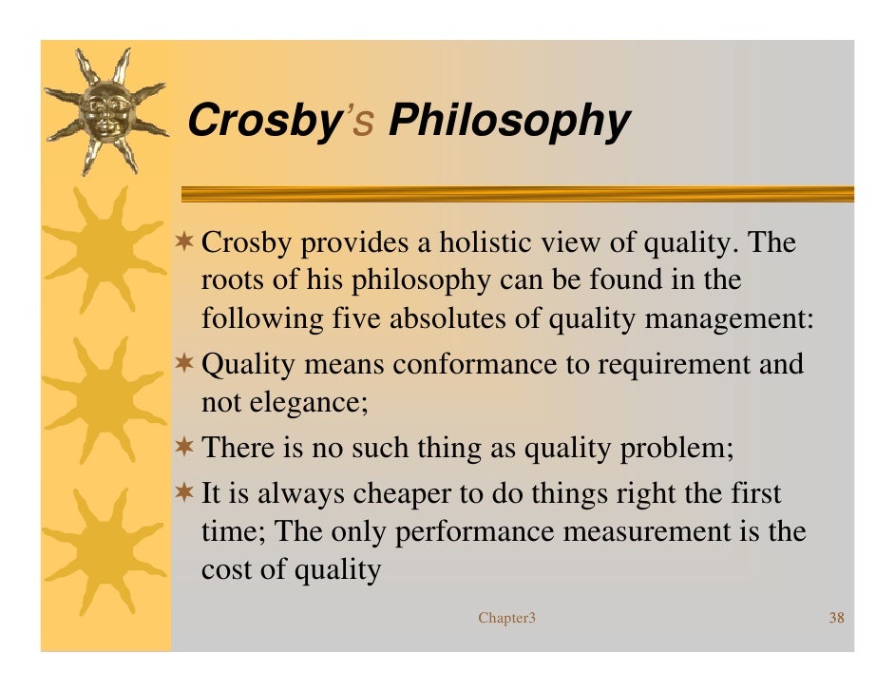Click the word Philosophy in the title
tap(509, 122)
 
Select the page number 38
tap(837, 619)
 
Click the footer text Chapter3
tap(507, 619)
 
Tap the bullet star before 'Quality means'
tap(188, 364)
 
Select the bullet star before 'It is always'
tap(188, 494)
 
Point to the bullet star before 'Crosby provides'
tap(188, 245)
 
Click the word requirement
tap(667, 364)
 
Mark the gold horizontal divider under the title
tap(518, 194)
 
